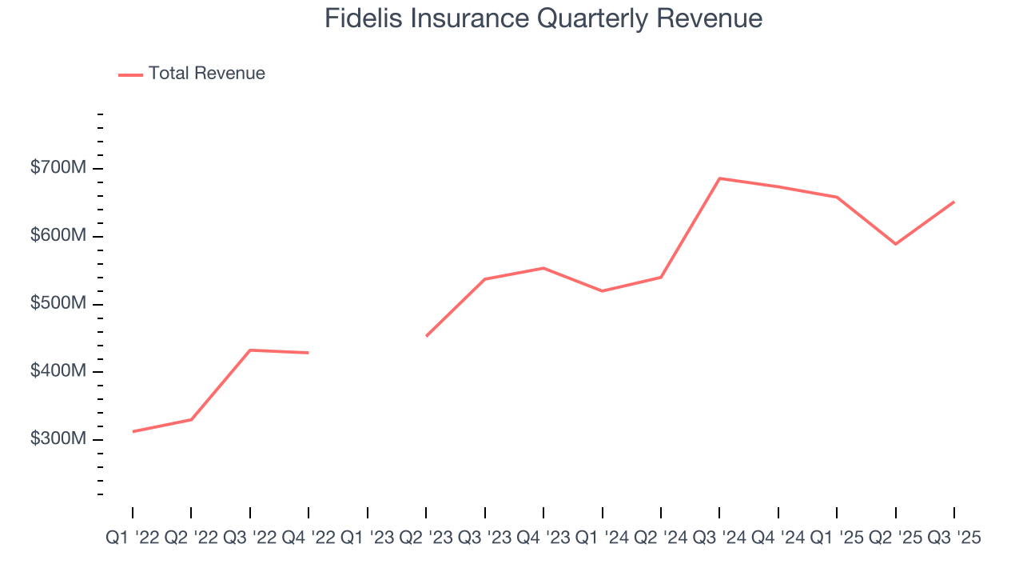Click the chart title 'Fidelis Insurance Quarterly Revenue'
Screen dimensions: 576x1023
pos(543,18)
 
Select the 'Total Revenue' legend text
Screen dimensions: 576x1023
pos(206,74)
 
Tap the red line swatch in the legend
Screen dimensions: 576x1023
pos(130,74)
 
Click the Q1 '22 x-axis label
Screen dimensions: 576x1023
pos(133,538)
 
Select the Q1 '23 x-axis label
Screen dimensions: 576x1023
pos(368,538)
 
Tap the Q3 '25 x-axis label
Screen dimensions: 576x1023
pos(953,538)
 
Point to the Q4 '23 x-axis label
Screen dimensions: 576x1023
pos(543,538)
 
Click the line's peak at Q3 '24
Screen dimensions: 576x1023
pos(719,178)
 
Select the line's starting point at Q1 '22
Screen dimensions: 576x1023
pos(133,431)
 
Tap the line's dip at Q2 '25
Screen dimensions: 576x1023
pos(895,244)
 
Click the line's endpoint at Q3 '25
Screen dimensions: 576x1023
pos(953,202)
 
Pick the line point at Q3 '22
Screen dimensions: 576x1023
pos(250,350)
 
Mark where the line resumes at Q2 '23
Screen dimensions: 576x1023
pos(426,336)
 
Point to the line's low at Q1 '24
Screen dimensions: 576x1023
pos(602,291)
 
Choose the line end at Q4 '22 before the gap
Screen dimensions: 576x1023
pos(308,353)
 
